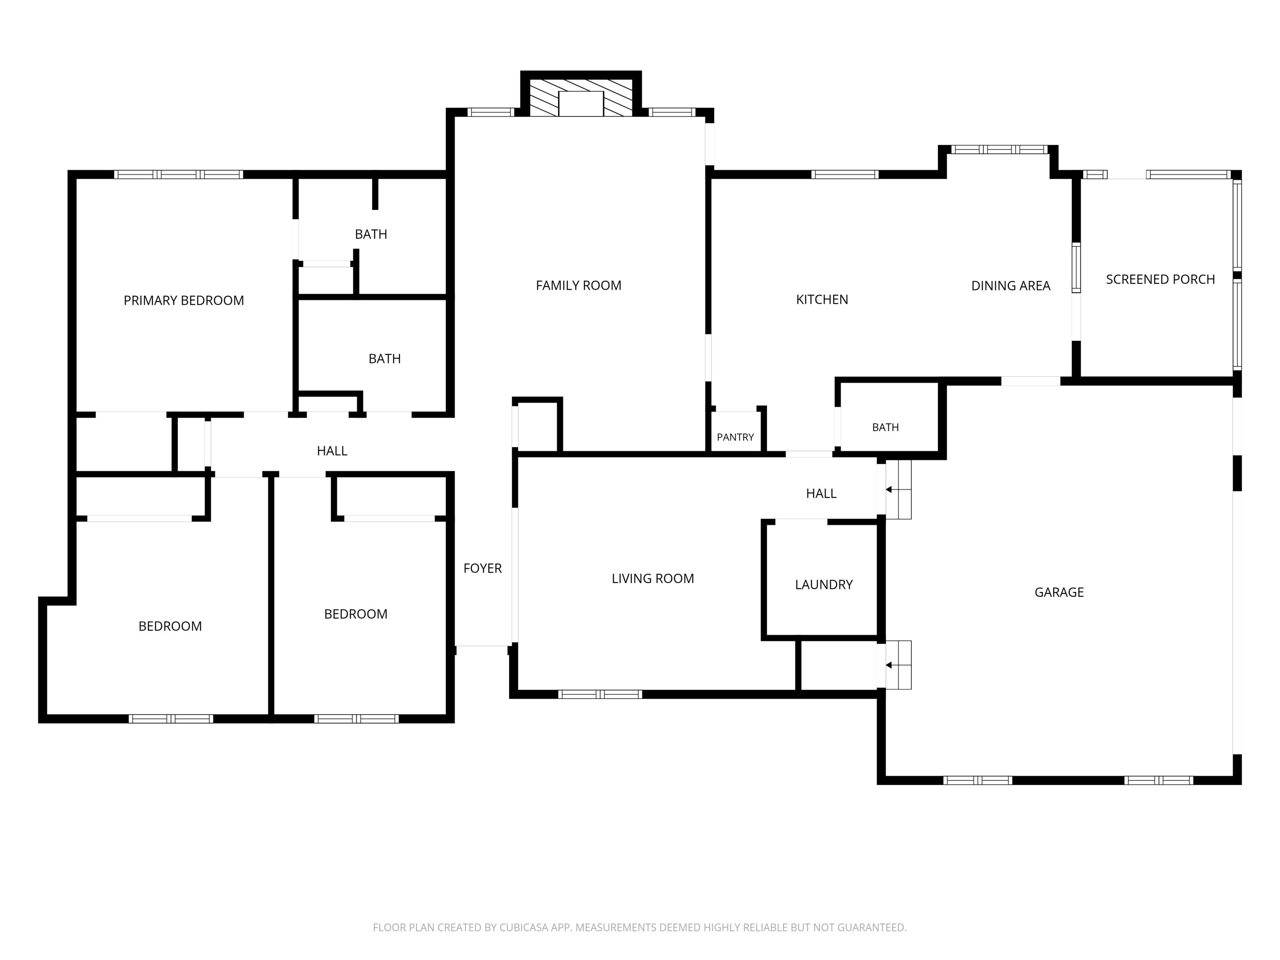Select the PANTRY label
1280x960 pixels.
click(735, 437)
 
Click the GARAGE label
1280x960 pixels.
click(1059, 592)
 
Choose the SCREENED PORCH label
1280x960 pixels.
click(1160, 280)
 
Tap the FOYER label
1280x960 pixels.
click(482, 568)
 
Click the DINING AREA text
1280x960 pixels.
click(1010, 286)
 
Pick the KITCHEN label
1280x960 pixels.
click(822, 300)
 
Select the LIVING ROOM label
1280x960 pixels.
click(653, 579)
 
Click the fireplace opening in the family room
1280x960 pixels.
click(581, 104)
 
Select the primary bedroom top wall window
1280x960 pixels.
click(178, 174)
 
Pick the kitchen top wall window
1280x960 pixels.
click(845, 174)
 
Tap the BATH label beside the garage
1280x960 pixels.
click(885, 427)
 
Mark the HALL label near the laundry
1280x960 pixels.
click(821, 494)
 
